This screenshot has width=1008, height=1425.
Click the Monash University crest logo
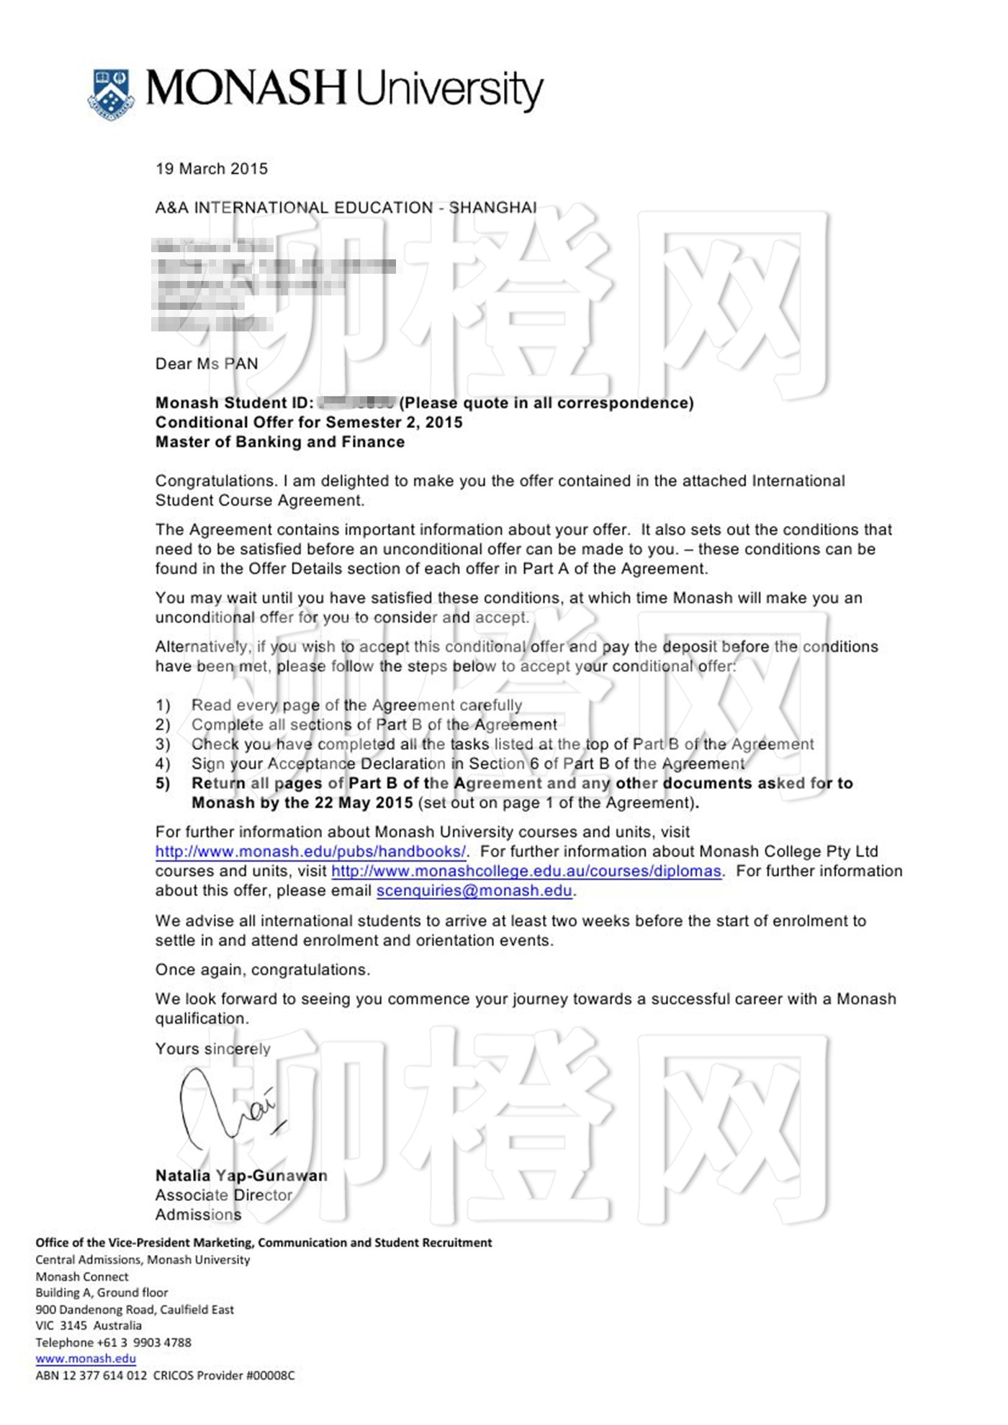[x=111, y=93]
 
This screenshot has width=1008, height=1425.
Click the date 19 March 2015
[x=212, y=169]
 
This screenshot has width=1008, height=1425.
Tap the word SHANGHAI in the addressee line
[x=492, y=207]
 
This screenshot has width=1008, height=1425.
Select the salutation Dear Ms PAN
[x=207, y=364]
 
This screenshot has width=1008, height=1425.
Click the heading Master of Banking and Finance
[x=280, y=442]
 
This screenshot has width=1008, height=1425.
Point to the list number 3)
[x=163, y=744]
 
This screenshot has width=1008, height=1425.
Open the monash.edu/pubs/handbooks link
[x=310, y=852]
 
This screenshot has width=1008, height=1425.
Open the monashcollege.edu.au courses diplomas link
[x=526, y=871]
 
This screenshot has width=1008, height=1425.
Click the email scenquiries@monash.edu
[x=474, y=890]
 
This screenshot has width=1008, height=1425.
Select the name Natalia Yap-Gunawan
[x=241, y=1176]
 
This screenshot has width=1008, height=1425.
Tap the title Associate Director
[x=224, y=1195]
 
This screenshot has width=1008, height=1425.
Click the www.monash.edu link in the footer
[x=86, y=1359]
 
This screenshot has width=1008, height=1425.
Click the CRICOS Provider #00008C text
[x=224, y=1375]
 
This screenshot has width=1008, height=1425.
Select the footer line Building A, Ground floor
[x=102, y=1292]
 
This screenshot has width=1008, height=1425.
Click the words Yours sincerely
[x=213, y=1049]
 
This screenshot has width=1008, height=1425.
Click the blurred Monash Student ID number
[x=356, y=403]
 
